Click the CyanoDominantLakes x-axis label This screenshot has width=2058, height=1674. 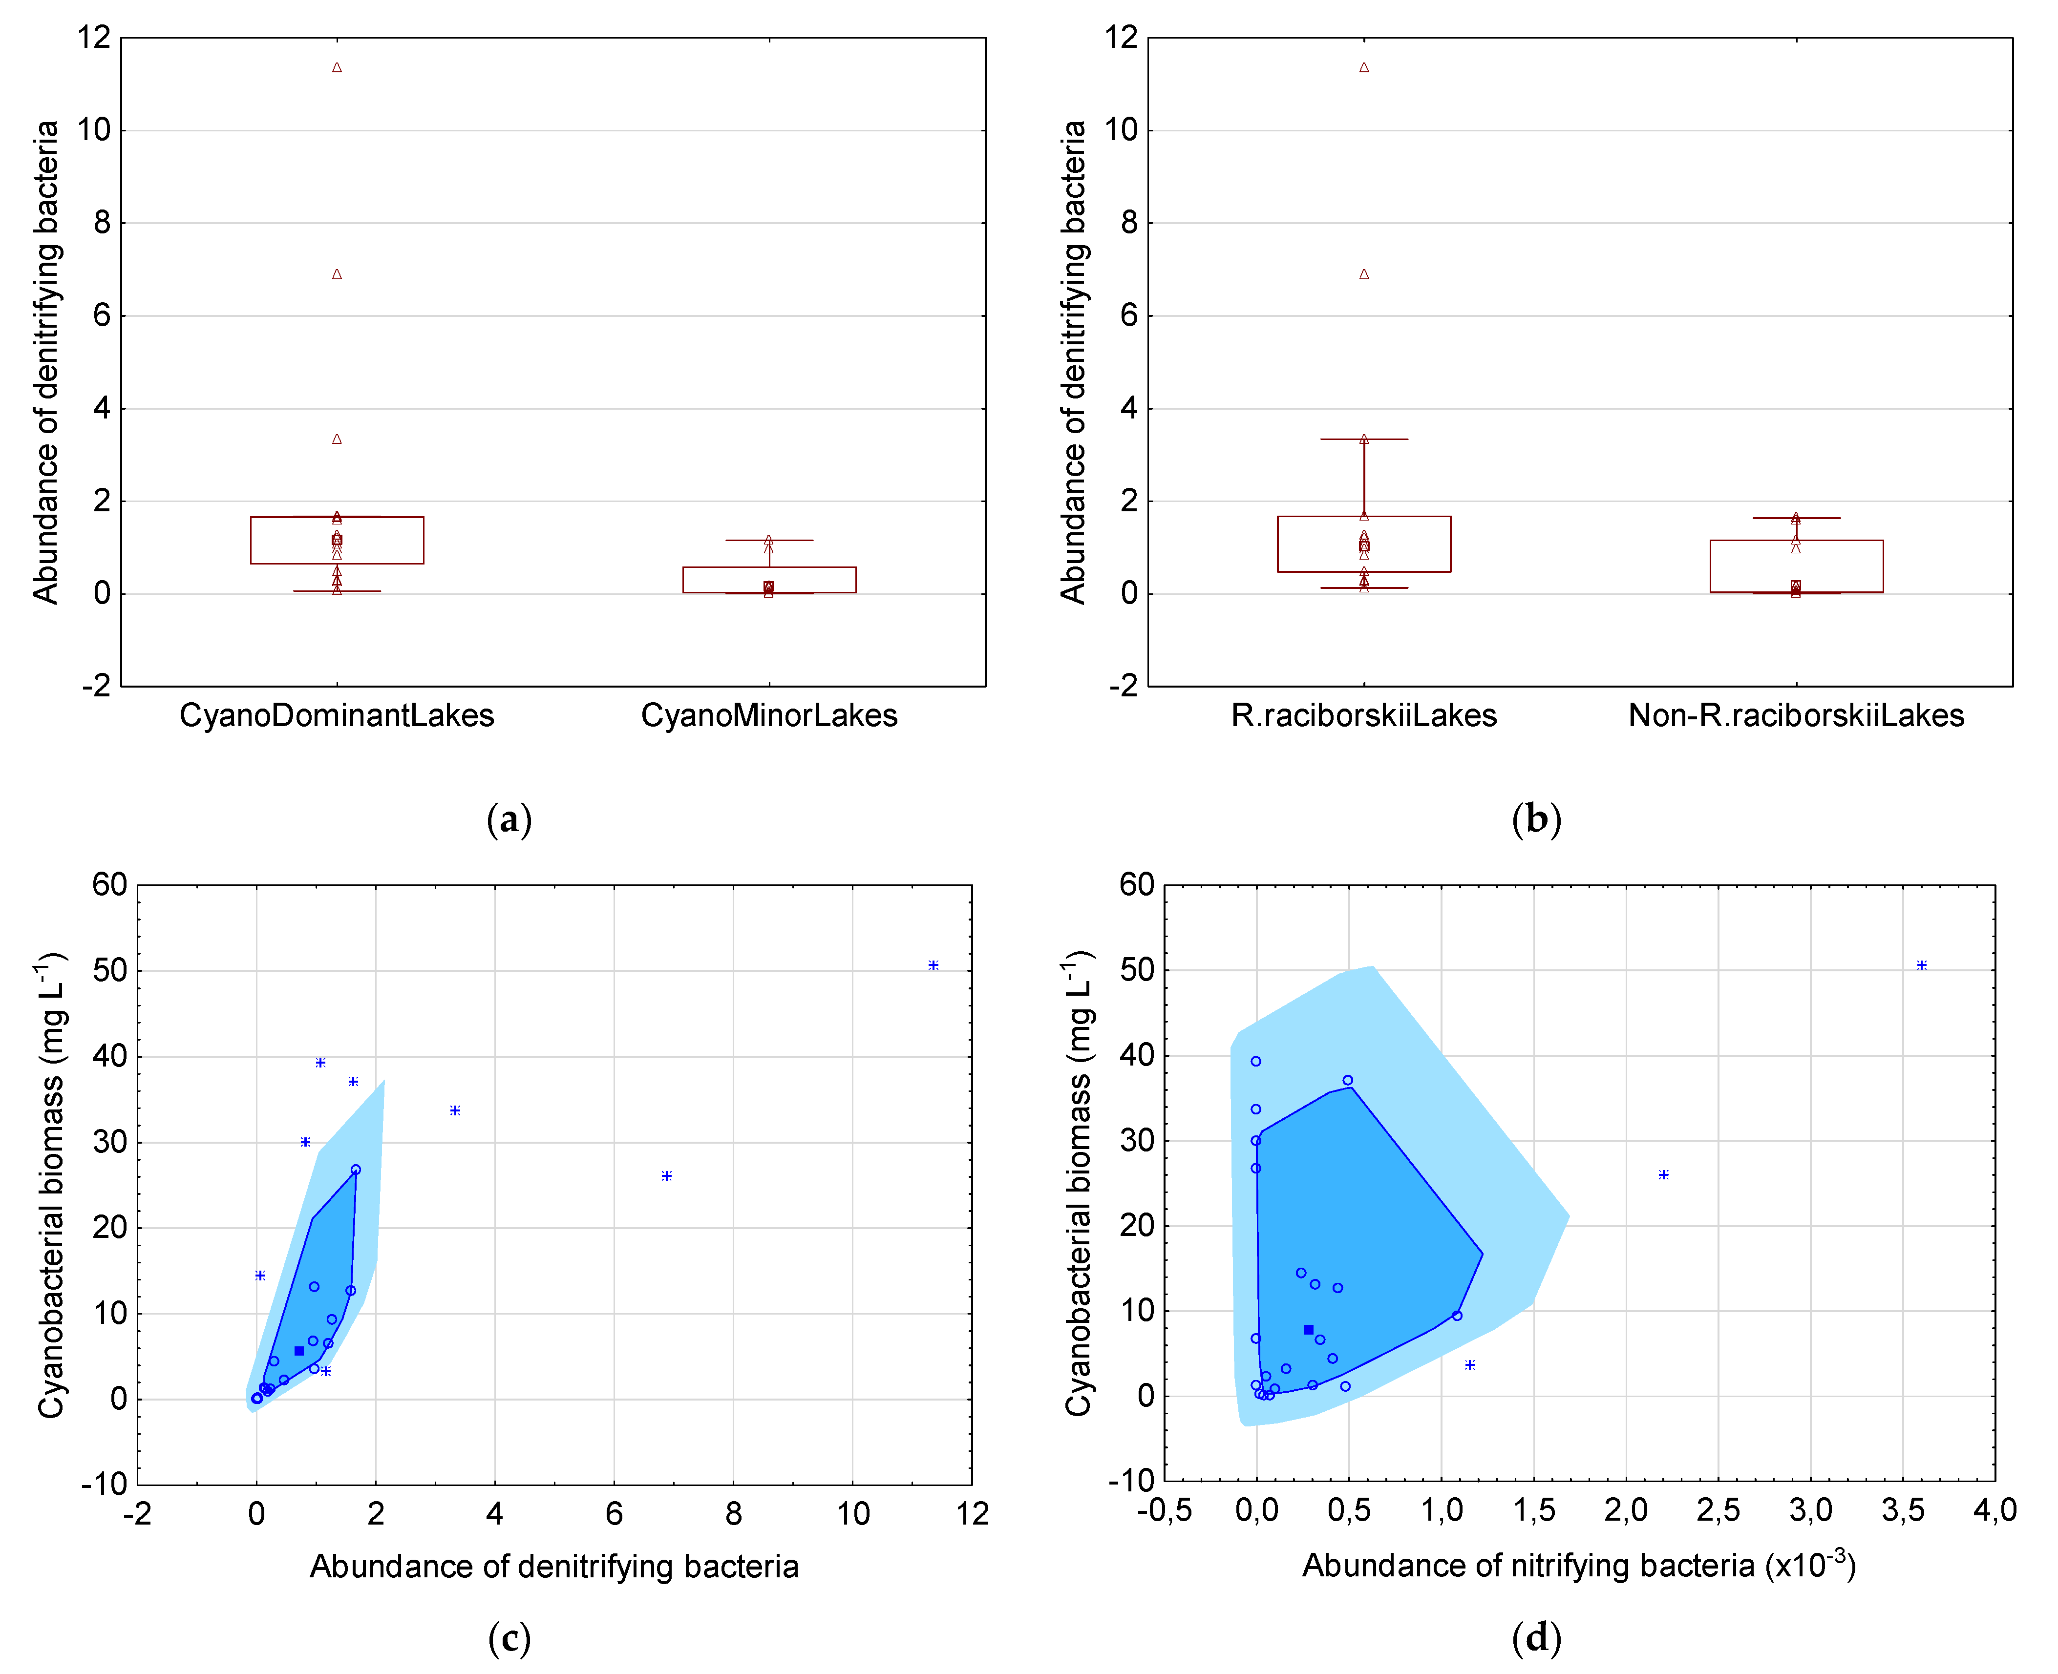click(337, 715)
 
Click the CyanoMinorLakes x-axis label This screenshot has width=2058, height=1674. click(768, 715)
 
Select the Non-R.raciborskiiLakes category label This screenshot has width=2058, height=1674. click(1796, 715)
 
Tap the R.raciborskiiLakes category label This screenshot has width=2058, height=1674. click(1364, 715)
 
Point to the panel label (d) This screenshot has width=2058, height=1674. click(1536, 1637)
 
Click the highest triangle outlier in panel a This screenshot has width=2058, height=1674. click(337, 67)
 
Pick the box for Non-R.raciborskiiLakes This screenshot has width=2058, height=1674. click(1796, 566)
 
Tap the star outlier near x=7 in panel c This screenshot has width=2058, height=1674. click(666, 1175)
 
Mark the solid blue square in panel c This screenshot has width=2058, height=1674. click(299, 1351)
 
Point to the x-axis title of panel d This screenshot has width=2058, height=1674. click(1579, 1565)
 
